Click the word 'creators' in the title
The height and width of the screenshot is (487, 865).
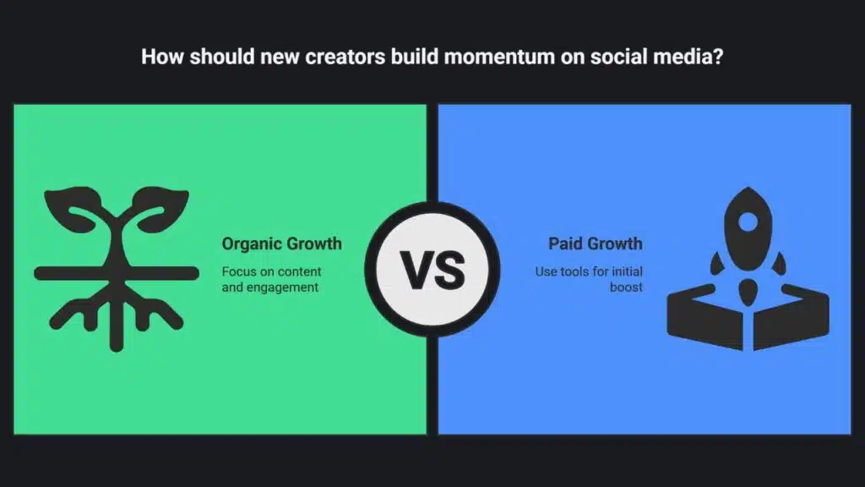pyautogui.click(x=345, y=57)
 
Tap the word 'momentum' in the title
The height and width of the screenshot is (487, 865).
pyautogui.click(x=499, y=57)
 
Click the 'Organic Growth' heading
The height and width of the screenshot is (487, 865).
pyautogui.click(x=282, y=243)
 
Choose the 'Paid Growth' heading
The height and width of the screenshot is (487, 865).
pyautogui.click(x=596, y=243)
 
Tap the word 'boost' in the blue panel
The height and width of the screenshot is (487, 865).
pyautogui.click(x=626, y=287)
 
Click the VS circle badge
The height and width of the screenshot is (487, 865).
pyautogui.click(x=432, y=270)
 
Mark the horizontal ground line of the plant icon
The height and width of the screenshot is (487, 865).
pyautogui.click(x=117, y=273)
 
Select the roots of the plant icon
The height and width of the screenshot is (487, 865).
pyautogui.click(x=117, y=315)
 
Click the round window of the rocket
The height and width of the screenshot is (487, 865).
pyautogui.click(x=748, y=222)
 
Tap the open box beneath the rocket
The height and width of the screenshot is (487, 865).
pyautogui.click(x=748, y=317)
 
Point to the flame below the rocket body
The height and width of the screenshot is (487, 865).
pyautogui.click(x=748, y=292)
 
